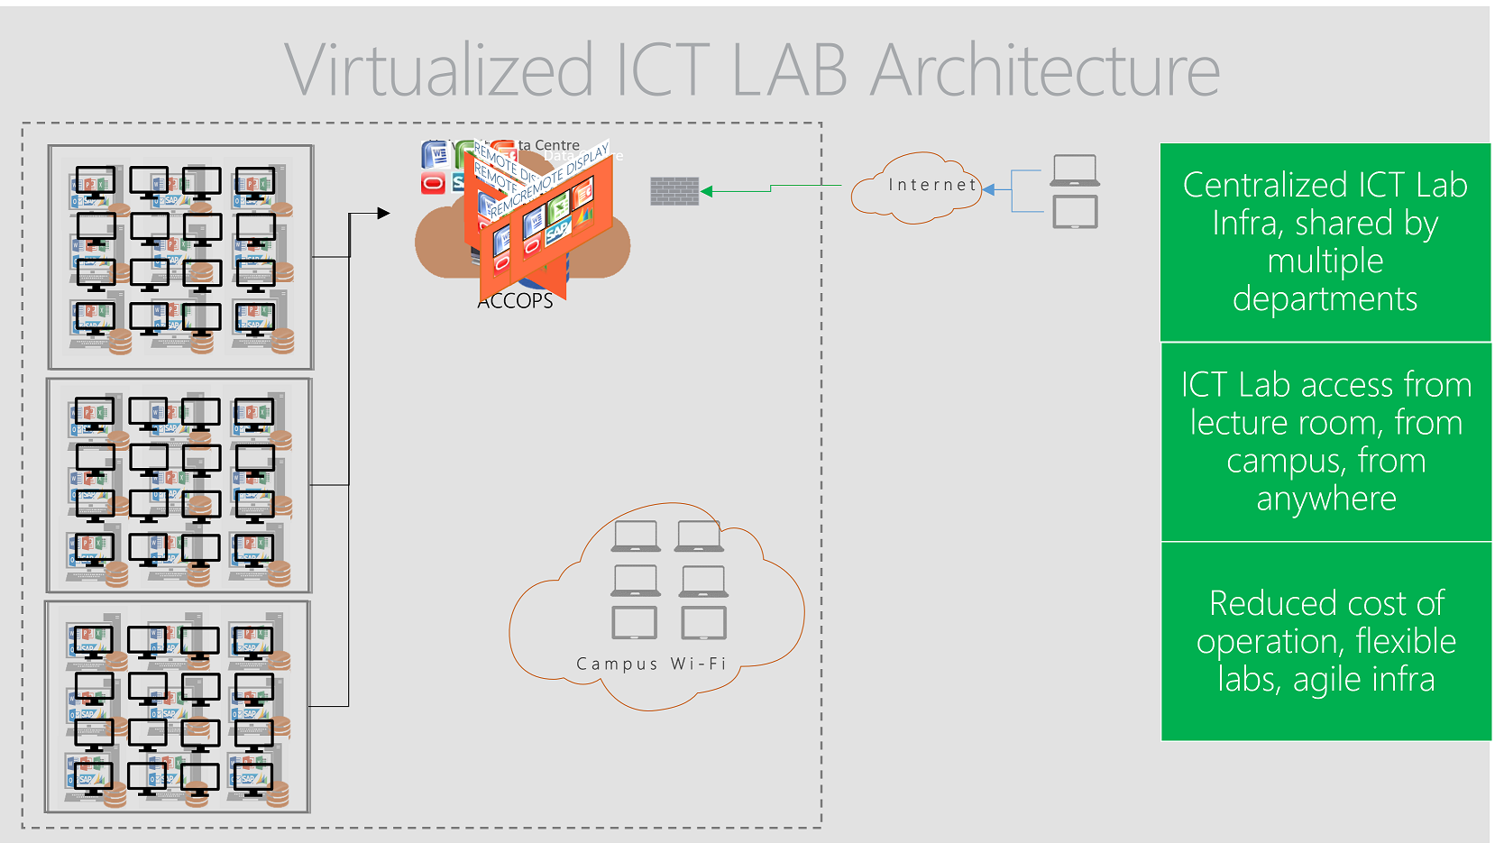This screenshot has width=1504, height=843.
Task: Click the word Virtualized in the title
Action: (x=439, y=70)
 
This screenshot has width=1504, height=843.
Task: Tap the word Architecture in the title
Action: (x=1045, y=70)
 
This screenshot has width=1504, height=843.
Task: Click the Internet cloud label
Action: (x=932, y=185)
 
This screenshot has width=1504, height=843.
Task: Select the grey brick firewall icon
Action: (x=674, y=191)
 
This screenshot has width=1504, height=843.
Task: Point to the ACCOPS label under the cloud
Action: (x=515, y=301)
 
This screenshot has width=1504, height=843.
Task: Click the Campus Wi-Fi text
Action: (x=651, y=664)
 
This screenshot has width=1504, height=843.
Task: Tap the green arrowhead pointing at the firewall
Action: (x=707, y=191)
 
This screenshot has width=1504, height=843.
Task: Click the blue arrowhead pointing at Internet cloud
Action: (x=989, y=189)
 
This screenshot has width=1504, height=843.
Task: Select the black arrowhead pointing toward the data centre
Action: (x=383, y=213)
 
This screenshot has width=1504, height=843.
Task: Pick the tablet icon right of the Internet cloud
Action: (x=1075, y=213)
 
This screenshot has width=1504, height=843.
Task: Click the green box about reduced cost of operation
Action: (x=1325, y=641)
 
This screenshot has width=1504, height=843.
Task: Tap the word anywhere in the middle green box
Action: (x=1326, y=499)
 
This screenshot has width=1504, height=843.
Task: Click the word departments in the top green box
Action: (x=1325, y=298)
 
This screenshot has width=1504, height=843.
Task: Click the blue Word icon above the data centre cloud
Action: (x=436, y=154)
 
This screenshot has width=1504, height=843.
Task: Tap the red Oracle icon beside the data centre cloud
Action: (x=434, y=184)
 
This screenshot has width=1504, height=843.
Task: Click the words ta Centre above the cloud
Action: (x=549, y=145)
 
